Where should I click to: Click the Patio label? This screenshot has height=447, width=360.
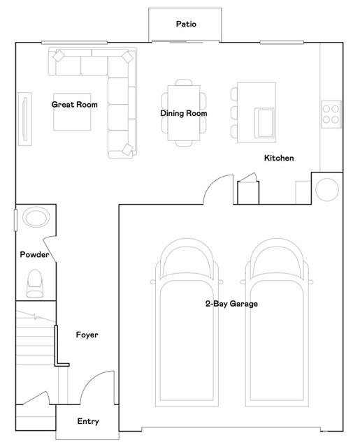(185, 24)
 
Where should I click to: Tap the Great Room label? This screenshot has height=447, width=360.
(74, 105)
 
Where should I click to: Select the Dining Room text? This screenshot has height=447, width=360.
(184, 113)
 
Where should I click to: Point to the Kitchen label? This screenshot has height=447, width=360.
(278, 159)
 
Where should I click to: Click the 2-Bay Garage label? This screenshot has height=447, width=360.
(231, 304)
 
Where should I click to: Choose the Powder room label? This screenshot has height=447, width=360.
(34, 255)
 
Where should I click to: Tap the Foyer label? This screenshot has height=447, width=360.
(87, 335)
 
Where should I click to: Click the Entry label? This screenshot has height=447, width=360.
(87, 422)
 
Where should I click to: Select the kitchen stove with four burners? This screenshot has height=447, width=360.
(331, 113)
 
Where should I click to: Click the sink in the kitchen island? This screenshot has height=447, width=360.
(266, 122)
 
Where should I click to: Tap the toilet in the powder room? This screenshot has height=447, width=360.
(34, 284)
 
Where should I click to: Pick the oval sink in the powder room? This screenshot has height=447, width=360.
(35, 218)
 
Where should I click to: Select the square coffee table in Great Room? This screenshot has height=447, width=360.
(73, 112)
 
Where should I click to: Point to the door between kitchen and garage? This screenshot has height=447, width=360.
(219, 190)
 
